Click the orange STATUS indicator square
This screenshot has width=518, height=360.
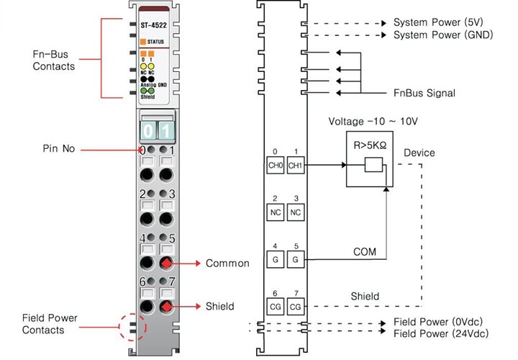(142, 42)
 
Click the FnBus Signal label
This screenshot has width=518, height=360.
(424, 93)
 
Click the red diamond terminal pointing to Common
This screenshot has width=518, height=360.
(166, 263)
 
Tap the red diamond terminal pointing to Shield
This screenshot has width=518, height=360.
(166, 307)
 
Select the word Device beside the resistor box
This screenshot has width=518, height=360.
(419, 153)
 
